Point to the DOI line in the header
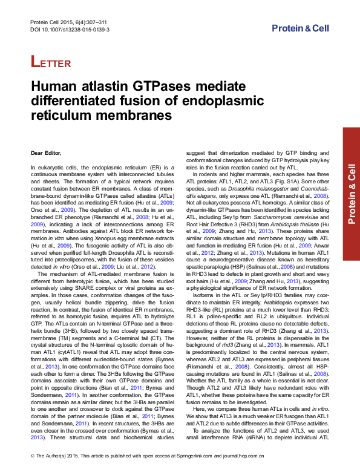70,29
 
